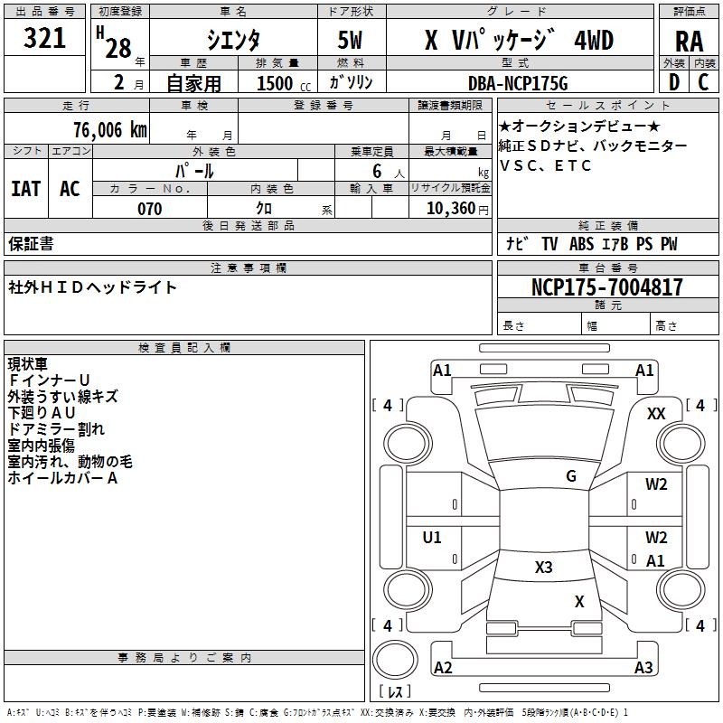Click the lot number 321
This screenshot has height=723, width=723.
[45, 39]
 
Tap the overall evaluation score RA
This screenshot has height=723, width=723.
[689, 42]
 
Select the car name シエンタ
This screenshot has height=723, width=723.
[232, 40]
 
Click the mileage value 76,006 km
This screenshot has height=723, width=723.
[108, 129]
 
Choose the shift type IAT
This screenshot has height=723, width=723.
[26, 188]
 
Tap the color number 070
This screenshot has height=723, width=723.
[149, 209]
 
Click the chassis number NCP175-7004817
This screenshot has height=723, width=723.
[607, 287]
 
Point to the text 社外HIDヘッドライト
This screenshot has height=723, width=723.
[93, 287]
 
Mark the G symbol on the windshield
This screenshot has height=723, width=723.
[571, 476]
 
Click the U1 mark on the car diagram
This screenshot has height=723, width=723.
[433, 538]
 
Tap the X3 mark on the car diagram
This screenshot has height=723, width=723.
[544, 568]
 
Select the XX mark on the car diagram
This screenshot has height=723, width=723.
[656, 413]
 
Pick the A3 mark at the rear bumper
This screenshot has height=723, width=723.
[643, 668]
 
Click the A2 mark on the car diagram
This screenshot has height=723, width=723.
[443, 668]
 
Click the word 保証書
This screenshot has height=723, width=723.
[31, 244]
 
